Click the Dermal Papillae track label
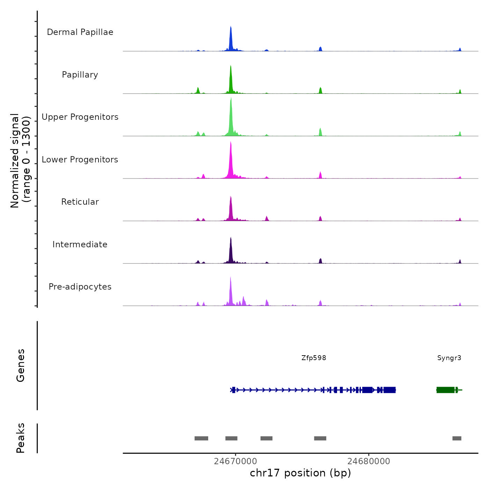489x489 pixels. (80, 32)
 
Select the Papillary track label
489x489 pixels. (80, 75)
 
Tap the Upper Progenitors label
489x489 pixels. (80, 117)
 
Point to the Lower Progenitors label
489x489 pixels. (80, 160)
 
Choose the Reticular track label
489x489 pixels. (80, 202)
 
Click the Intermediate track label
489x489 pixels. (80, 245)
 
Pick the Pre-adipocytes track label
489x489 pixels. (80, 287)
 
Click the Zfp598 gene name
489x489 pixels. (314, 358)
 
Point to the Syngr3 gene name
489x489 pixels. (449, 358)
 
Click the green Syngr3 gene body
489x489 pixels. (445, 390)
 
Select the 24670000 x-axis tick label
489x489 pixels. (235, 461)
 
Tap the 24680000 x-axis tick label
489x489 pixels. (368, 461)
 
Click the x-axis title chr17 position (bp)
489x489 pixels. (300, 473)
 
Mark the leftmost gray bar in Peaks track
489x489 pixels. (201, 438)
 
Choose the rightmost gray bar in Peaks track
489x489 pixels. (457, 438)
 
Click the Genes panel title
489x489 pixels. (21, 365)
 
